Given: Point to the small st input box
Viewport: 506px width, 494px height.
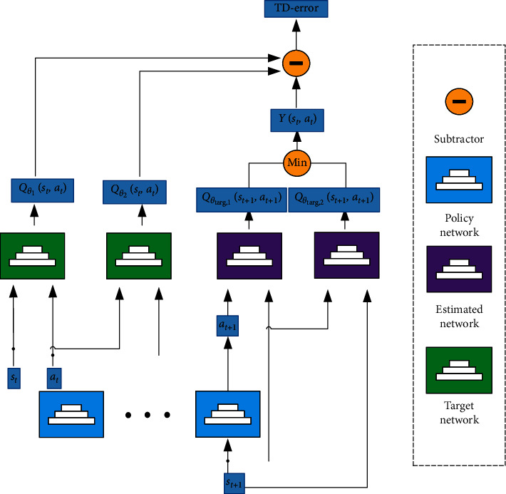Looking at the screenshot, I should pyautogui.click(x=14, y=377).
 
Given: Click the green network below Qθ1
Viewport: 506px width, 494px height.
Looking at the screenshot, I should pyautogui.click(x=33, y=257).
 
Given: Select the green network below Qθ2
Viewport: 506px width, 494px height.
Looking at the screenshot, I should pyautogui.click(x=130, y=257).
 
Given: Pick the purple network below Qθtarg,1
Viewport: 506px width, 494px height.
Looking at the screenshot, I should pyautogui.click(x=249, y=257).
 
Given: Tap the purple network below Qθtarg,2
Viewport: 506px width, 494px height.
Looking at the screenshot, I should pyautogui.click(x=344, y=257).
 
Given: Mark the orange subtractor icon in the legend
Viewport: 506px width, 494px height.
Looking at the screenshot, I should pyautogui.click(x=459, y=103).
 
